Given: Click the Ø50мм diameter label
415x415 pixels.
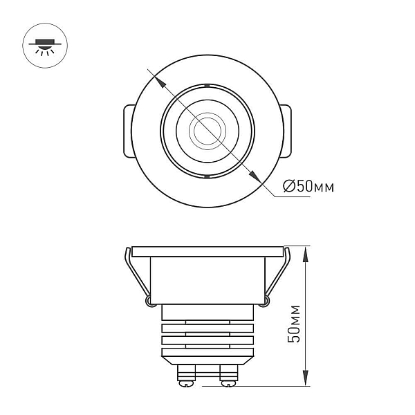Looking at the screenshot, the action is [308, 186].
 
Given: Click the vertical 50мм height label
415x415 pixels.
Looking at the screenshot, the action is [294, 324].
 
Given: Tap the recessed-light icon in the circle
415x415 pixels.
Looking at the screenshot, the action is [45, 46].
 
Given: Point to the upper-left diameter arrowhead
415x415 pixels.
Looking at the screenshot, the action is [160, 81].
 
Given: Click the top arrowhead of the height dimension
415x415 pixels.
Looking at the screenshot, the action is [305, 255].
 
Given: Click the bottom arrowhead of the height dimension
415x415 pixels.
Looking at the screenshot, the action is [305, 378].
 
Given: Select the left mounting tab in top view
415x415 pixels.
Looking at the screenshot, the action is [129, 131].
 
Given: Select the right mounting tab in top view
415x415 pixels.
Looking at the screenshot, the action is [286, 131].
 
